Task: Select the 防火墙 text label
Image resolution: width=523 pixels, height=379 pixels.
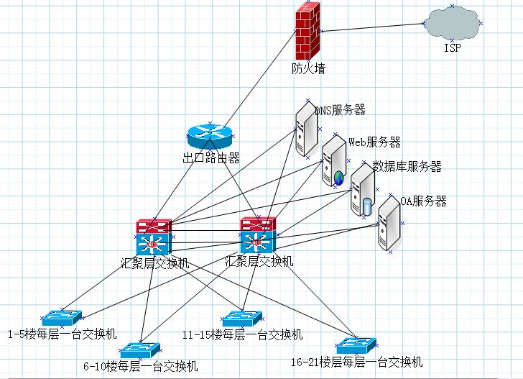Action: (308, 69)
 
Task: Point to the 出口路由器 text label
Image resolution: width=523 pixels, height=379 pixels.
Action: (210, 158)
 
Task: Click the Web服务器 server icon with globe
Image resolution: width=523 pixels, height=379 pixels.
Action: (334, 162)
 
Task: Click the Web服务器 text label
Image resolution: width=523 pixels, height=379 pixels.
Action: (374, 142)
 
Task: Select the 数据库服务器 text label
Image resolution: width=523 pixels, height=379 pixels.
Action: (407, 167)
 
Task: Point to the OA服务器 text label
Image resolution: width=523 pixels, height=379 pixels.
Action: (423, 201)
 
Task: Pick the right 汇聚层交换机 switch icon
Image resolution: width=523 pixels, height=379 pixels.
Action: (258, 234)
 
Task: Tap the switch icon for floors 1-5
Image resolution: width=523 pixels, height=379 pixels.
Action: (63, 317)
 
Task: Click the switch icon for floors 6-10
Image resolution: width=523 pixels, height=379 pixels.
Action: (140, 350)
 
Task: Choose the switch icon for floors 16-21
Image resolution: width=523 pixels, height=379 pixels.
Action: (356, 345)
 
